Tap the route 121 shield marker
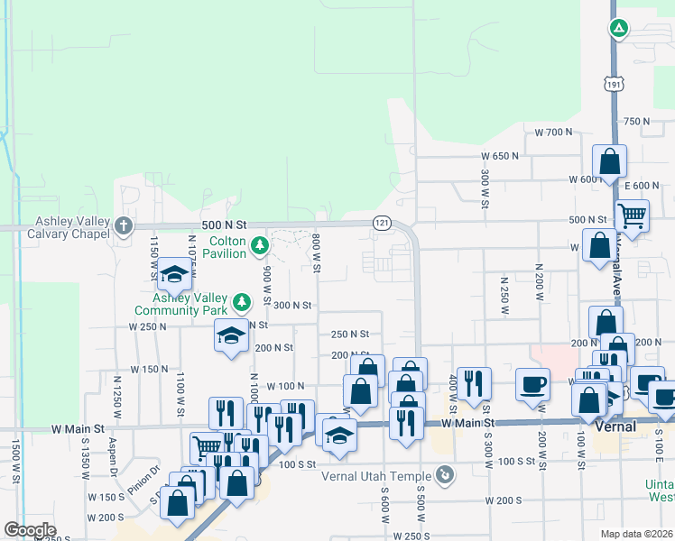coord(382,222)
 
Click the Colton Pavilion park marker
coord(259,245)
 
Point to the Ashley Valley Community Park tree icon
coord(241,301)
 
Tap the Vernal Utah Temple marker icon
coord(444,474)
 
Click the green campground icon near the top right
coord(619,29)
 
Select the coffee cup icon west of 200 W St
coord(532,383)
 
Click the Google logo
coord(30,530)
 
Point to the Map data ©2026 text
coord(637,534)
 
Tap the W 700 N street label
coord(554,132)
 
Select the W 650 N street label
coord(501,155)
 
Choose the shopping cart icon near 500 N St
coord(632,215)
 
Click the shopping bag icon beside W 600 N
coord(609,161)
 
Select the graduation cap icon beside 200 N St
coord(231,336)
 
